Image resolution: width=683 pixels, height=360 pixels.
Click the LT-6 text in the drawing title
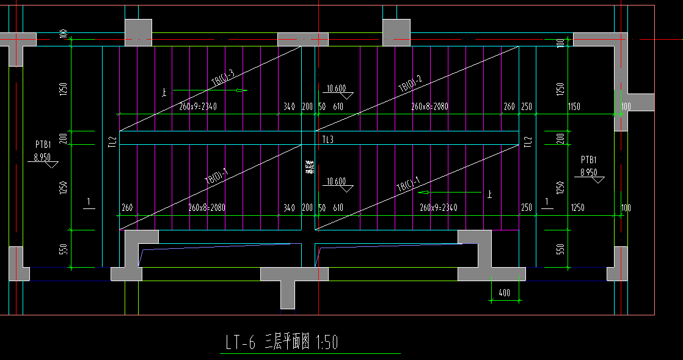[239, 343]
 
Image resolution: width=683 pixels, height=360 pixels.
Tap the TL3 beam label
[328, 140]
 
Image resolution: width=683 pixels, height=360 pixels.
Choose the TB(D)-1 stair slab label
[216, 178]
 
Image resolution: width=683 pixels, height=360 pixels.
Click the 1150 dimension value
[574, 107]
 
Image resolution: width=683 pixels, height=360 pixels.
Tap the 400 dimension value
[504, 293]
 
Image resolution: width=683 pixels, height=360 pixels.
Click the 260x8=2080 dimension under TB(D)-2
[429, 107]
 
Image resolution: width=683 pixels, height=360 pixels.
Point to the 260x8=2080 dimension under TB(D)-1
[206, 208]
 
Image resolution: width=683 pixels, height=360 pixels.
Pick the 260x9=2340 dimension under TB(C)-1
[438, 208]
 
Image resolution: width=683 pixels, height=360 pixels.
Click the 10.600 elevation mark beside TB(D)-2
[337, 88]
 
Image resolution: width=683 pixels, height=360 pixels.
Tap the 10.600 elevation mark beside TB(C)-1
[337, 182]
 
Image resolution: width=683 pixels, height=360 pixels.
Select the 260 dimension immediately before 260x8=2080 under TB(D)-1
[127, 208]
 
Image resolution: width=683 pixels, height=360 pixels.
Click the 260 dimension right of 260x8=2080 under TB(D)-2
[509, 107]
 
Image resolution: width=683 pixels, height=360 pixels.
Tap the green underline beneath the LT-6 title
[309, 353]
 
